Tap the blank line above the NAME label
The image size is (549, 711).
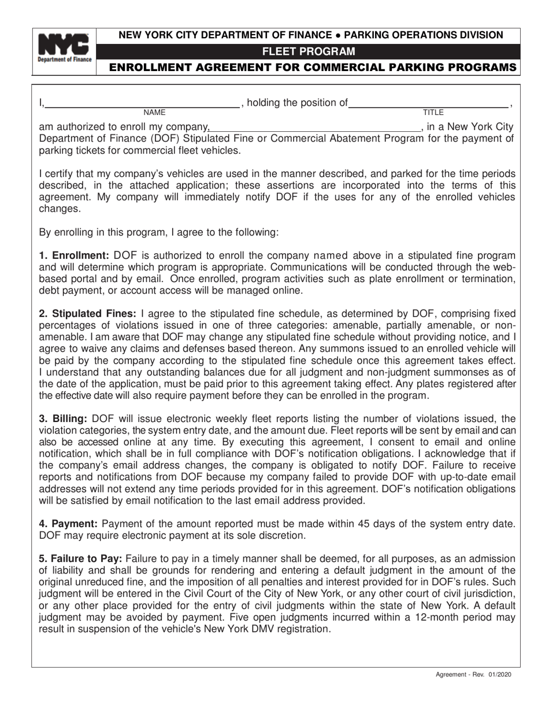tap(142, 106)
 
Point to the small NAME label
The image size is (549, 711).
tap(154, 112)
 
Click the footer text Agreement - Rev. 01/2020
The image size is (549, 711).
tap(473, 675)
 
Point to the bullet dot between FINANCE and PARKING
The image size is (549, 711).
tap(338, 35)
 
